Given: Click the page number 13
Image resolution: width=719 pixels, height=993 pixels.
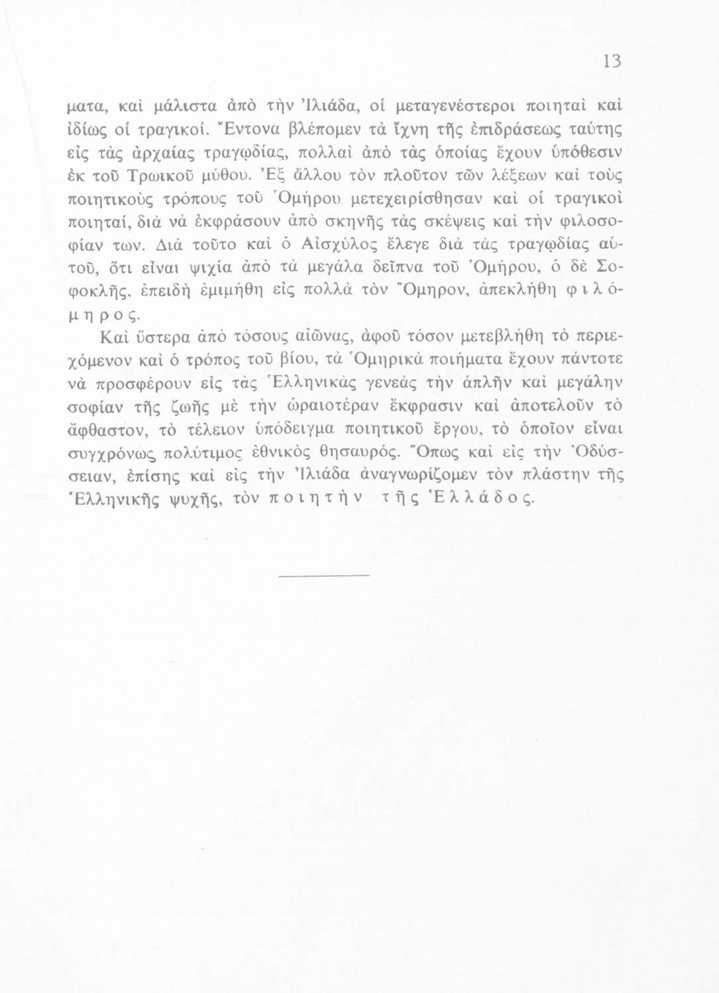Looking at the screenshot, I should pyautogui.click(x=611, y=61).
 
